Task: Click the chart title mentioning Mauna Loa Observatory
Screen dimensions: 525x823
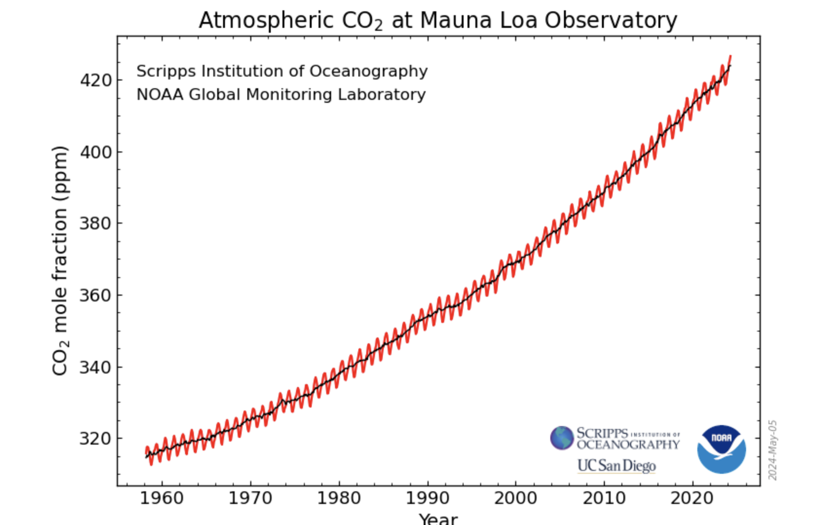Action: coord(438,21)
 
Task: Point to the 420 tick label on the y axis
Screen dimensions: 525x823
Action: coord(96,80)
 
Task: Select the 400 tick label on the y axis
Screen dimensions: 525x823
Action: coord(96,152)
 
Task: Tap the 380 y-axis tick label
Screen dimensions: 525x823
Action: coord(96,223)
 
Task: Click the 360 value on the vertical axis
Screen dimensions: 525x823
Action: coord(96,295)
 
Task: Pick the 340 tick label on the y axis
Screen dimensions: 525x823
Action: coord(96,367)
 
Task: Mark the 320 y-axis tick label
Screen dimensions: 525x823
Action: coord(96,439)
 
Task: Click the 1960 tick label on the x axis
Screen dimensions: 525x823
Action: coord(162,498)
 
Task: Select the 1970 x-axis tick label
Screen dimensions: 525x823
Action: coord(251,498)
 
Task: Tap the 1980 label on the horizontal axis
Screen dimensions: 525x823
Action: coord(339,498)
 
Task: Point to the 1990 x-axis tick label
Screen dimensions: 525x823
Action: coord(427,498)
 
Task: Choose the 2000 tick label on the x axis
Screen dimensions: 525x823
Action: coord(515,498)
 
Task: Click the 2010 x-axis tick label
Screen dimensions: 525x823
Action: coord(604,498)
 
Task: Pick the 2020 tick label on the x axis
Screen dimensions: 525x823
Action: coord(692,498)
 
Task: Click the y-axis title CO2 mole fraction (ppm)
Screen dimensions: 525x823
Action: coord(60,261)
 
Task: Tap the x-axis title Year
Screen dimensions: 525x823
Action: coord(438,518)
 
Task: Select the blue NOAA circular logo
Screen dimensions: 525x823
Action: coord(721,449)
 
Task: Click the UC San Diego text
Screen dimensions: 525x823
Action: coord(617,466)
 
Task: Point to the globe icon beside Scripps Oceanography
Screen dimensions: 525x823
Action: coord(562,438)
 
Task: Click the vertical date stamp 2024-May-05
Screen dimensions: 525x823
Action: coord(773,450)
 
